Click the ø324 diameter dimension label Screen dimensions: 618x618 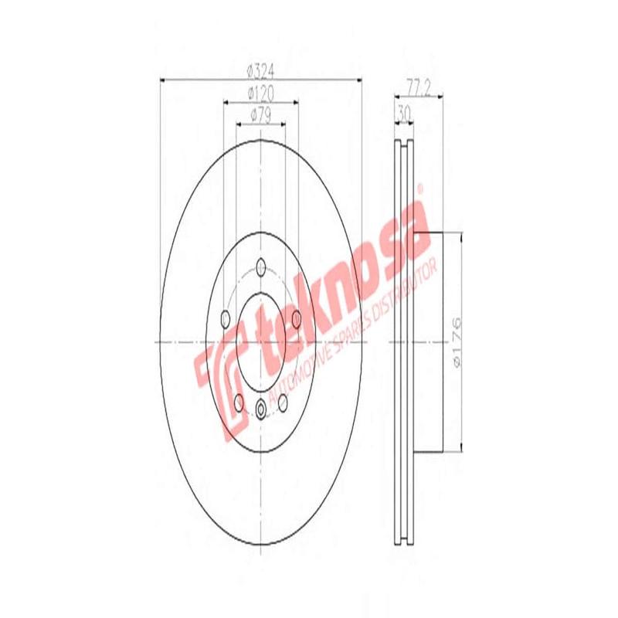(x=260, y=71)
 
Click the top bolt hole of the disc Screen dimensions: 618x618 (x=260, y=268)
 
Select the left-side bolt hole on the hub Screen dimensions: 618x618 (x=226, y=317)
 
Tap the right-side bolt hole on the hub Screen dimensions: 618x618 (x=295, y=317)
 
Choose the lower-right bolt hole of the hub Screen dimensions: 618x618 (x=282, y=400)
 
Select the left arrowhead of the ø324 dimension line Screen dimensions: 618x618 (x=161, y=79)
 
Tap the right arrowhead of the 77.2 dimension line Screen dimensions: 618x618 (x=438, y=97)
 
